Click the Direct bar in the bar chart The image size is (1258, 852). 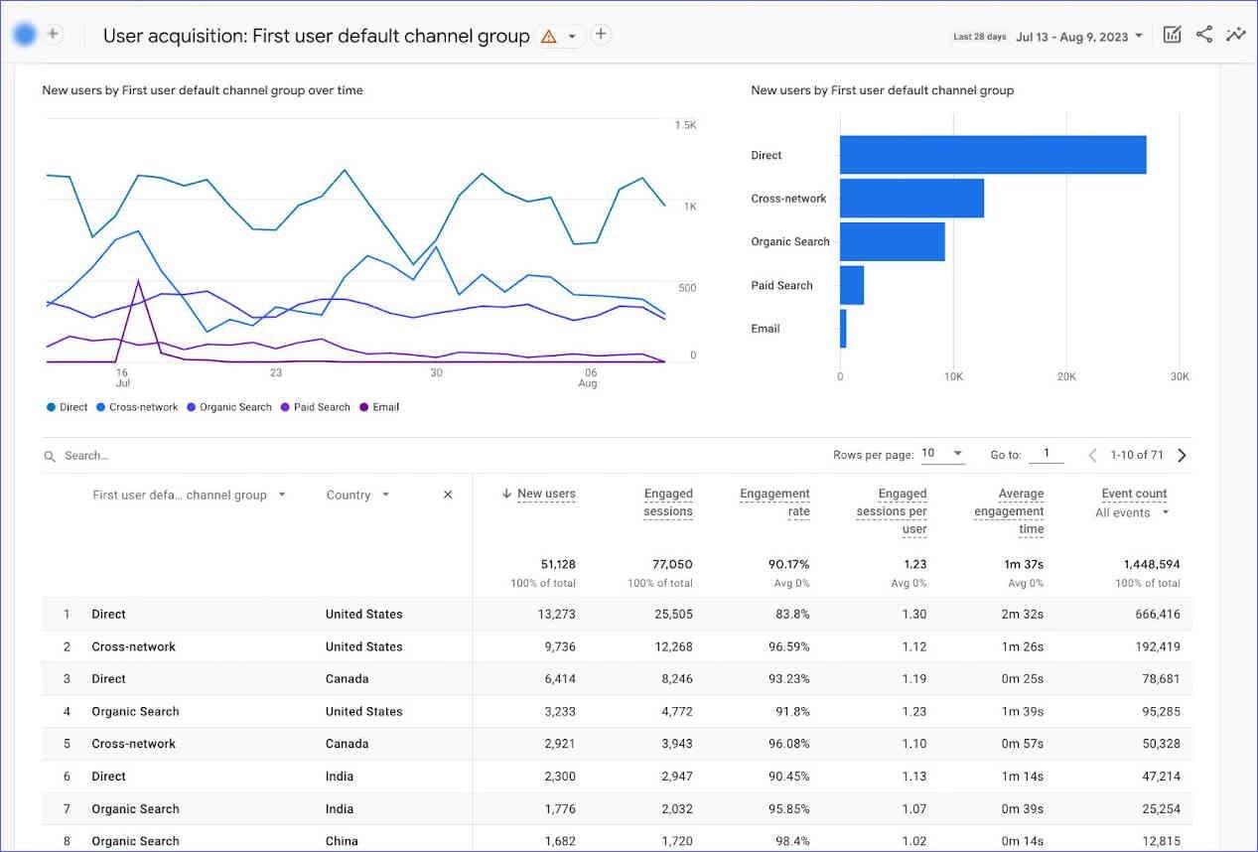(x=993, y=155)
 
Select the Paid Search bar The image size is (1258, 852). (x=852, y=285)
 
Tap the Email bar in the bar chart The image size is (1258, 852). (x=843, y=329)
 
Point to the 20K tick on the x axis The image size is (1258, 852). (x=1065, y=377)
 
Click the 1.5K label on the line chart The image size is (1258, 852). (x=685, y=125)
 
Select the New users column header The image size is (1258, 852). (x=545, y=494)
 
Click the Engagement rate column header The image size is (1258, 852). (x=774, y=502)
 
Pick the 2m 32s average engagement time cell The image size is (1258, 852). (x=1022, y=614)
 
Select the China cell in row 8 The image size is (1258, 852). (x=342, y=841)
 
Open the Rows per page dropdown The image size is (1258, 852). (x=942, y=454)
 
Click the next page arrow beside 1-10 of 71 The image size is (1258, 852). (x=1182, y=456)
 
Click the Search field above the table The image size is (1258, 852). (x=199, y=456)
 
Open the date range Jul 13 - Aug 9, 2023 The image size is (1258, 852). (x=1078, y=37)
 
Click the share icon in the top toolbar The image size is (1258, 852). (x=1204, y=35)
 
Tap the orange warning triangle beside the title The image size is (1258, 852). (x=548, y=37)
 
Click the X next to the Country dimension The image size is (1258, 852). (x=448, y=495)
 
